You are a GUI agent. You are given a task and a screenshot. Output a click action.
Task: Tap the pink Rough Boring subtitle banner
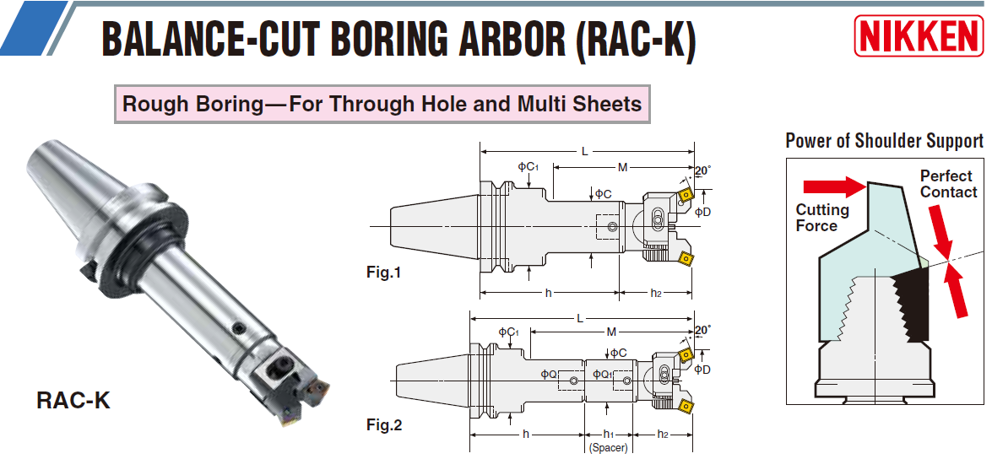(382, 105)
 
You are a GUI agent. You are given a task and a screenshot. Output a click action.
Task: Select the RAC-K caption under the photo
(73, 400)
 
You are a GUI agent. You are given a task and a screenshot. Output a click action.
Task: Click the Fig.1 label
(383, 273)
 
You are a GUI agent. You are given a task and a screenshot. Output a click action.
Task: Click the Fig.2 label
(384, 424)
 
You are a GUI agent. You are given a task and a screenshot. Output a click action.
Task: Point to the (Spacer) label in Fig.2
(608, 448)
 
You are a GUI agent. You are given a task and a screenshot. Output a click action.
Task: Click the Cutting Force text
(822, 218)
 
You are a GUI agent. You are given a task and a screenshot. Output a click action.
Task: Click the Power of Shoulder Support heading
(884, 141)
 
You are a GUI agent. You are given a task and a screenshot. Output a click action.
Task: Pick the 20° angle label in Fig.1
(702, 170)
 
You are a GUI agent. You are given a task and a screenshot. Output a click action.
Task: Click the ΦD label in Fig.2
(702, 370)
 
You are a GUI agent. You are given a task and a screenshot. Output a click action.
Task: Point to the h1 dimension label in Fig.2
(608, 434)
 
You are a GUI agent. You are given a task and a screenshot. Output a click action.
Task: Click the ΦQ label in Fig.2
(549, 374)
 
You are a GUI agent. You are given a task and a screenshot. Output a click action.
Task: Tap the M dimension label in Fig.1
(622, 168)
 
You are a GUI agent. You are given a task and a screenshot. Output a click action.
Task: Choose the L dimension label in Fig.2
(579, 318)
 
